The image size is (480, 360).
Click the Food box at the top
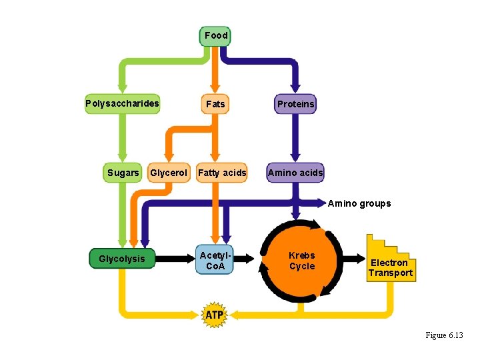215,35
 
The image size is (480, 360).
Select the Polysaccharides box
123,103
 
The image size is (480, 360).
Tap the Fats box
215,104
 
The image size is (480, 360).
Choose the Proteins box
296,104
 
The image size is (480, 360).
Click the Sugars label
123,173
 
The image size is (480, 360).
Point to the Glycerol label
169,173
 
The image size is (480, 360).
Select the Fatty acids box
222,173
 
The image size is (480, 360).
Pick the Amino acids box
295,173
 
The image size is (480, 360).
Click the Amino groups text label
359,203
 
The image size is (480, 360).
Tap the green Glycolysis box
122,259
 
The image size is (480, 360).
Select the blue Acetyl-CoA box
215,261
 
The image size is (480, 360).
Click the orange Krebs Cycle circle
301,261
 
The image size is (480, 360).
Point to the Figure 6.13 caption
444,335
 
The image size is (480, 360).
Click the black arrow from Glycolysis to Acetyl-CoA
175,257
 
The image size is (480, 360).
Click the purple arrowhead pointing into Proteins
295,88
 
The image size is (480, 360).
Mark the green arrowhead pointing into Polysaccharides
123,88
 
